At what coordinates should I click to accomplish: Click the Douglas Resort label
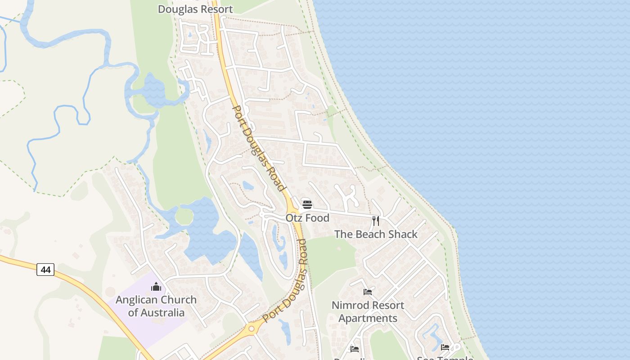(195, 9)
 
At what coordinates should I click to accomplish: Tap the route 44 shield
(45, 270)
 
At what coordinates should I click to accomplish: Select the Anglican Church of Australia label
(156, 306)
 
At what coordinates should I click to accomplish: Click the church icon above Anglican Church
(156, 287)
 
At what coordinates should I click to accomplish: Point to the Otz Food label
(307, 218)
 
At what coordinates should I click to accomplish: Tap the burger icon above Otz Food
(307, 205)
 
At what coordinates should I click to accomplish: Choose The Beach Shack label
(376, 234)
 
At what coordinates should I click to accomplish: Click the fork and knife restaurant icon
(376, 221)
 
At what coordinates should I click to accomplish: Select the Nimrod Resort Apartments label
(368, 311)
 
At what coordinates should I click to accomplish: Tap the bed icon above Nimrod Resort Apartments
(368, 292)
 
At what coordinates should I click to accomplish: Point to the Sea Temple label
(445, 358)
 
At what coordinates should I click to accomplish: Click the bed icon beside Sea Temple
(445, 347)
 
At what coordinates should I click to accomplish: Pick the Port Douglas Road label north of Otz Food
(259, 148)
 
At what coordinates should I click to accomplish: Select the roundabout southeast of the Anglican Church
(251, 329)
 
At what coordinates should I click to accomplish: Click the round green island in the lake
(184, 217)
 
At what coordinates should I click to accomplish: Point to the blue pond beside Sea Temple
(430, 335)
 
